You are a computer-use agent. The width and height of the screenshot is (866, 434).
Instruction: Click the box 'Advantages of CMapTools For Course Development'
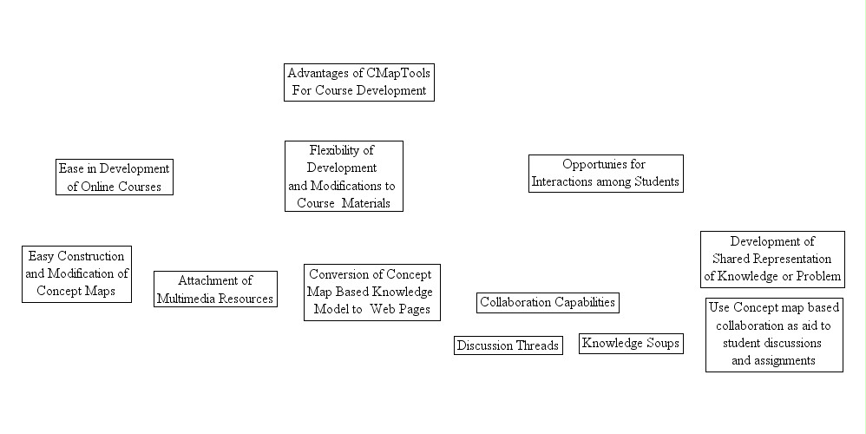(x=358, y=82)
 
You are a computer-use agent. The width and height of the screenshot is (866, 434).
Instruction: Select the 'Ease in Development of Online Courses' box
(x=114, y=177)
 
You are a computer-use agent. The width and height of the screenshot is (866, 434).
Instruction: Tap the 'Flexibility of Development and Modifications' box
(x=344, y=176)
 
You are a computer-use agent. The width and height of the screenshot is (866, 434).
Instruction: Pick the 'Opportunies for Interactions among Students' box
(x=605, y=174)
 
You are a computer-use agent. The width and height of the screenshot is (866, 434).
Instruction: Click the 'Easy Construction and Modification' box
(x=76, y=274)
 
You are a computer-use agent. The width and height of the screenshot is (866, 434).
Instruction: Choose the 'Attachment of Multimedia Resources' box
(x=215, y=289)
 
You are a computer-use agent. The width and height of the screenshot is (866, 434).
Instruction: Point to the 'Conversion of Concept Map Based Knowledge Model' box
(x=371, y=293)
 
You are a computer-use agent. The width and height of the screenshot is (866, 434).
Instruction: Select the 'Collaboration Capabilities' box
(x=548, y=303)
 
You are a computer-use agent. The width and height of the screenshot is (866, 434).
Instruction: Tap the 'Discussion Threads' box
(x=508, y=345)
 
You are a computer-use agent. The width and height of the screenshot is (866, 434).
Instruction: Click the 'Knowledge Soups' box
(x=631, y=344)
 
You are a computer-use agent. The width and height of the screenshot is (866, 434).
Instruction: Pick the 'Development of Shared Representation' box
(x=771, y=259)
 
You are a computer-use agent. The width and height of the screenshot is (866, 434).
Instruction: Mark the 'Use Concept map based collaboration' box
(x=774, y=334)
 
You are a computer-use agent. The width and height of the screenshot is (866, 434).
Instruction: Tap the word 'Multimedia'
(x=185, y=298)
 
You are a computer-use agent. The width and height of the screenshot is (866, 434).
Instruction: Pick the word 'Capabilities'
(x=584, y=303)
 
